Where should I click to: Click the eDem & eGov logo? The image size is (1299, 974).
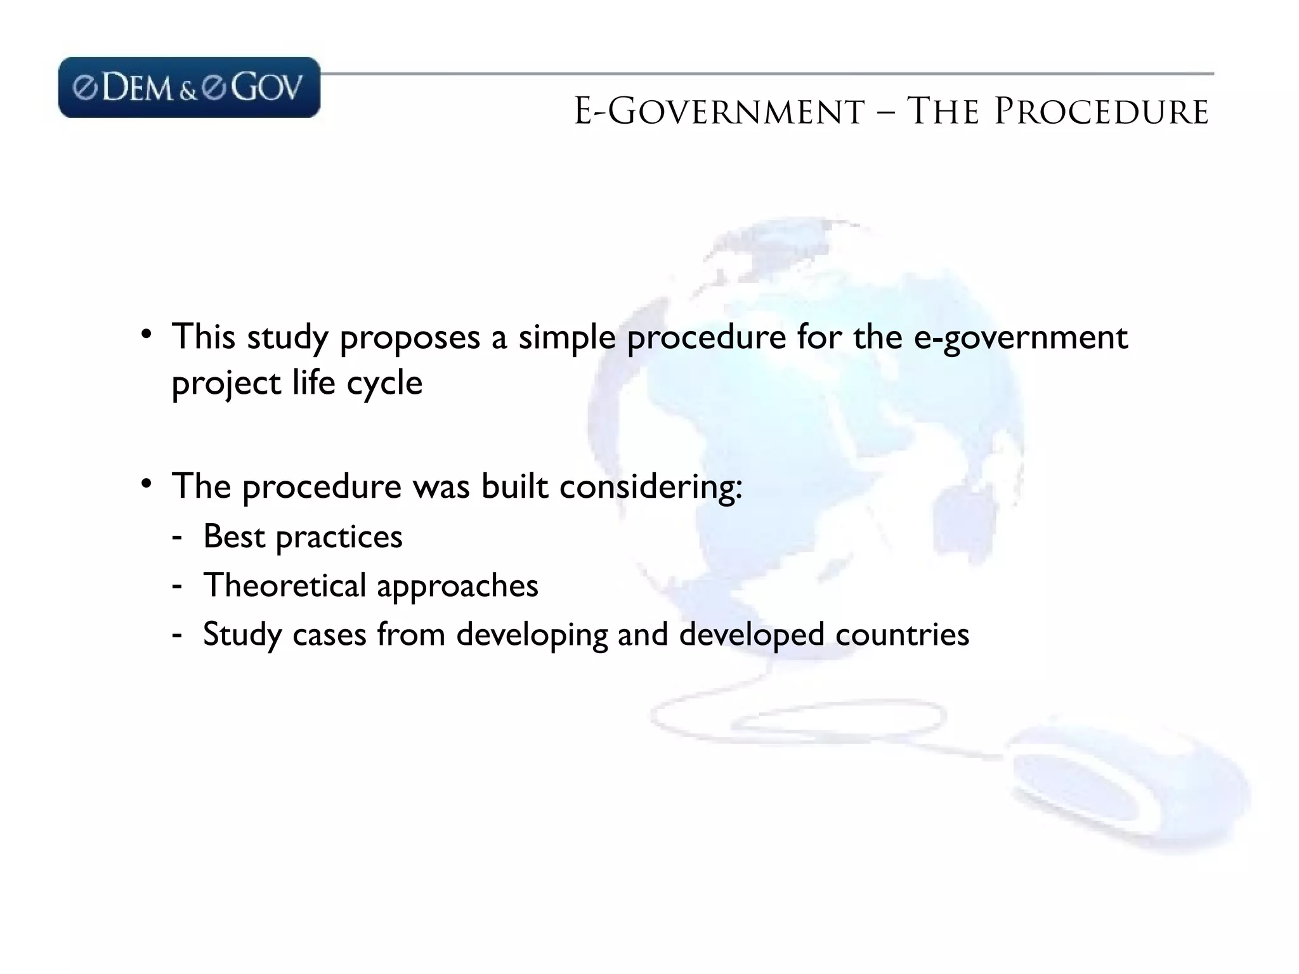pyautogui.click(x=189, y=88)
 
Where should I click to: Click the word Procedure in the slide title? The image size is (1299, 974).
pyautogui.click(x=1101, y=112)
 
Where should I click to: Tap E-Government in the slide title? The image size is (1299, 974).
pyautogui.click(x=719, y=112)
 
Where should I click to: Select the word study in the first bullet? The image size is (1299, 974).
pyautogui.click(x=287, y=338)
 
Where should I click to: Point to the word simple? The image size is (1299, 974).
pyautogui.click(x=566, y=338)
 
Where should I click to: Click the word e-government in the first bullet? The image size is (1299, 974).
pyautogui.click(x=1021, y=338)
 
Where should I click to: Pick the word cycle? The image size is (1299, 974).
pyautogui.click(x=384, y=384)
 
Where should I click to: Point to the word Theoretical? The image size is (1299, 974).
pyautogui.click(x=285, y=585)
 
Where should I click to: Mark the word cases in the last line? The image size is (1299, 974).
pyautogui.click(x=329, y=634)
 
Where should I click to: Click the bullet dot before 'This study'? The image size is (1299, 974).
pyautogui.click(x=147, y=334)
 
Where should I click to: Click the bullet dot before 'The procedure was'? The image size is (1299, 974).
pyautogui.click(x=147, y=484)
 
